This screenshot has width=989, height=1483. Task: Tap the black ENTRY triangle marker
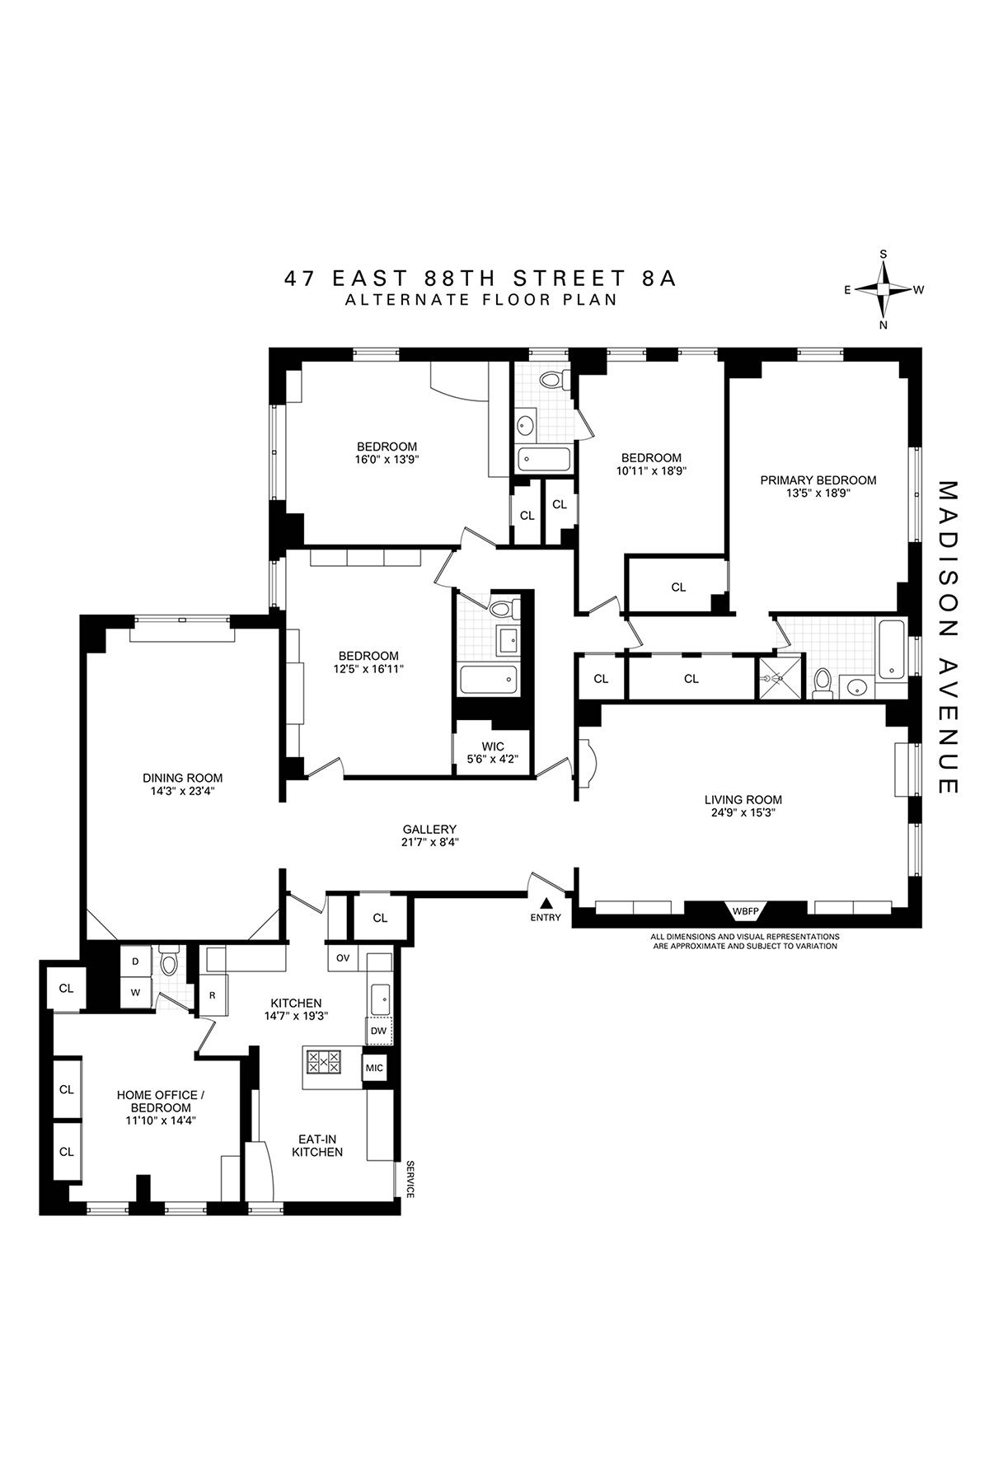click(x=545, y=904)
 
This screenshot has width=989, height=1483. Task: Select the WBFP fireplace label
click(x=744, y=911)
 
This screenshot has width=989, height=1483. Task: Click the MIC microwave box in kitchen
click(x=374, y=1068)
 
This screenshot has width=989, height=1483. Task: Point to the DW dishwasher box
click(x=378, y=1031)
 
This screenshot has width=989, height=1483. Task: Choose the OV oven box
click(x=343, y=957)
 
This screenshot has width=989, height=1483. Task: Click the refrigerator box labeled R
click(x=212, y=995)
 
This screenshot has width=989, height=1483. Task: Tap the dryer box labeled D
click(x=135, y=961)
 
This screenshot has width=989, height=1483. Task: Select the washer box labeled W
click(x=135, y=993)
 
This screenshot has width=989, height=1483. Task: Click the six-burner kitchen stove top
click(x=324, y=1060)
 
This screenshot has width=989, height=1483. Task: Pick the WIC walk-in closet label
click(x=494, y=746)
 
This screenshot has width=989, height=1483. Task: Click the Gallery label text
click(x=429, y=829)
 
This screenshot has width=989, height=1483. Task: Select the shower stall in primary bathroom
click(x=776, y=678)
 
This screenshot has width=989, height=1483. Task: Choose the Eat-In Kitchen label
click(x=317, y=1145)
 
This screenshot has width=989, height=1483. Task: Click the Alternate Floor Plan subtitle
click(x=481, y=300)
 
